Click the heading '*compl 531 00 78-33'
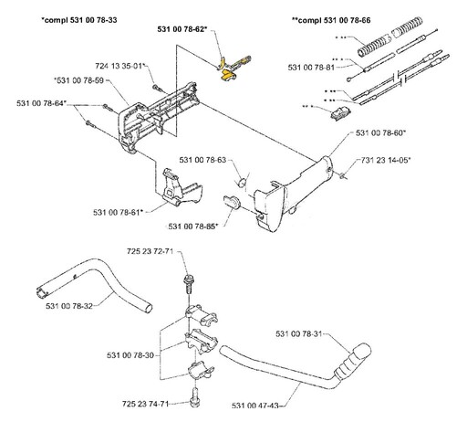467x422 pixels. pos(79,20)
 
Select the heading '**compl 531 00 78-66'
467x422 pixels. pos(331,20)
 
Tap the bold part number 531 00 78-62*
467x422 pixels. pos(182,29)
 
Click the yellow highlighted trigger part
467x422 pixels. pos(229,75)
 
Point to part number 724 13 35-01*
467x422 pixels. pos(120,66)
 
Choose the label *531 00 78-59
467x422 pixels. pos(78,80)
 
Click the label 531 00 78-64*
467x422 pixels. pos(41,103)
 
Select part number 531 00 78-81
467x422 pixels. pos(311,68)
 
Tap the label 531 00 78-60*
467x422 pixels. pos(381,133)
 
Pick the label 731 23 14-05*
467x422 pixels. pos(386,160)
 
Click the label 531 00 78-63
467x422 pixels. pos(202,160)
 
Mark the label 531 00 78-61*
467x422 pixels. pos(118,212)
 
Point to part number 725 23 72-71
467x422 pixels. pos(150,251)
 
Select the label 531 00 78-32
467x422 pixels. pos(69,306)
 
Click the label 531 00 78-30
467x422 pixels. pos(130,355)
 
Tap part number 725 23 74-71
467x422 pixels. pos(145,404)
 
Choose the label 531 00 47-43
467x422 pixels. pos(255,406)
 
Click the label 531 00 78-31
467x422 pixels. pos(298,334)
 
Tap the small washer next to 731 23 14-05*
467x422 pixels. pos(343,175)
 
